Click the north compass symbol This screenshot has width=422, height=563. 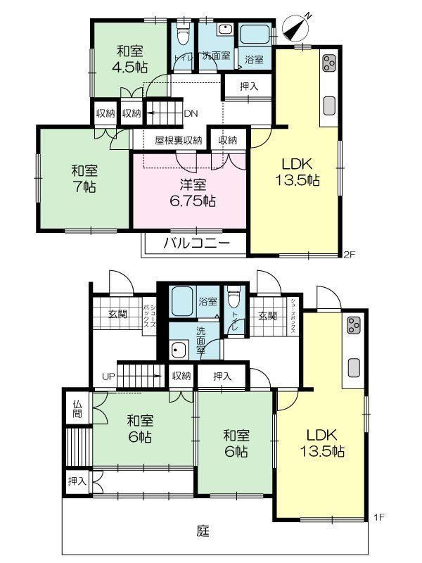(296, 27)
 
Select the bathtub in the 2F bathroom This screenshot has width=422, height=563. (255, 34)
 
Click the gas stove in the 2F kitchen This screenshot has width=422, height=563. (329, 63)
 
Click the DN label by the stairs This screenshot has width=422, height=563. (191, 113)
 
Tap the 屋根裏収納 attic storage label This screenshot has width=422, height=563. (179, 140)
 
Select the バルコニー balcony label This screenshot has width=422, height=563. (196, 243)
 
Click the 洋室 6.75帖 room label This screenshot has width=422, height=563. (192, 193)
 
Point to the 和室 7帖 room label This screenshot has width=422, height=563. (84, 179)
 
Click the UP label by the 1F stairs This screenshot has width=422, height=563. (108, 377)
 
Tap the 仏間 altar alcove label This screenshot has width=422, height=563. (77, 410)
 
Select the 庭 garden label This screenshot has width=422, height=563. (203, 531)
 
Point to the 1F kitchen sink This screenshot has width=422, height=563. (354, 367)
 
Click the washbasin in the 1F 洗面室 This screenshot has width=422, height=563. (179, 350)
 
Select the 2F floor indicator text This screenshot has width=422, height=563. (349, 255)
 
